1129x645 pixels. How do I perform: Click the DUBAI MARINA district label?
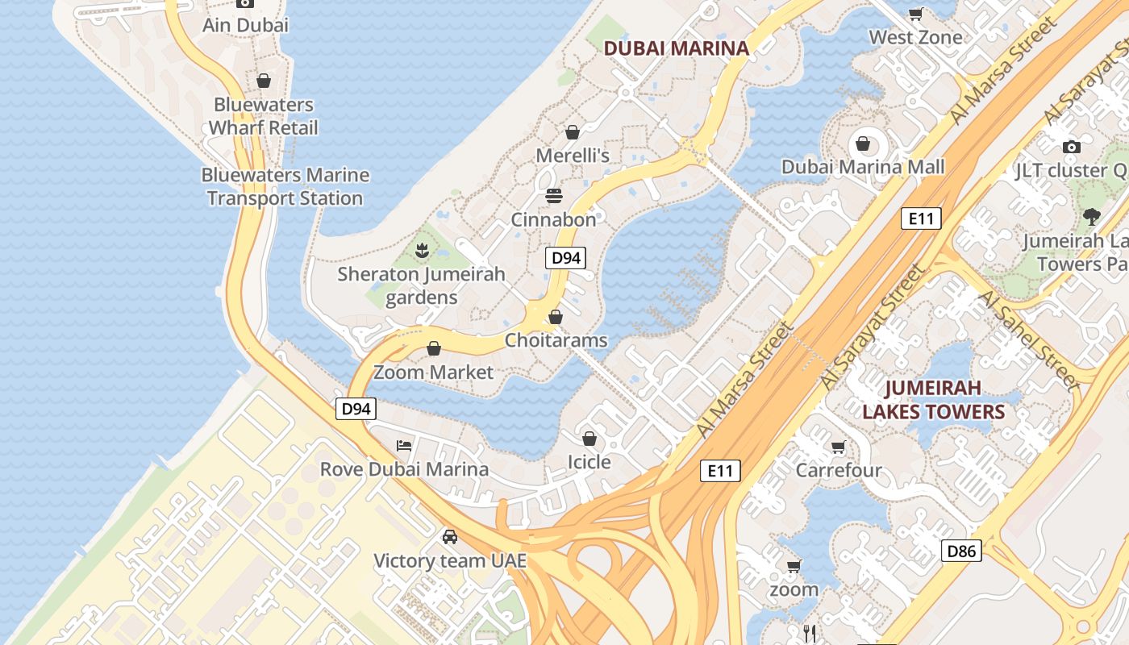676,48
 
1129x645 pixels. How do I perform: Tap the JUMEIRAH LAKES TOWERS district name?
933,400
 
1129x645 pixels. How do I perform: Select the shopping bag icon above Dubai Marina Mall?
863,144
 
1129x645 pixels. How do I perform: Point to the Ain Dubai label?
245,25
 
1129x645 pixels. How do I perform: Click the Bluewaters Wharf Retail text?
264,116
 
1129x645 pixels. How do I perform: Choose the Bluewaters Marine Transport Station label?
285,186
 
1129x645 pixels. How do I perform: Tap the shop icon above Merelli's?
573,131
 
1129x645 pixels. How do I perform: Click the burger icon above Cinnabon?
553,196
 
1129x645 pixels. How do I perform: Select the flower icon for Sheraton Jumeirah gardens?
421,251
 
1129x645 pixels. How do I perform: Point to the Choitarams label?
556,340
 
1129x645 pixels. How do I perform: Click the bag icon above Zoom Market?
434,348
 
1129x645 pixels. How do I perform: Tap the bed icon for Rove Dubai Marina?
404,445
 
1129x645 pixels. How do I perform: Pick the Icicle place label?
589,462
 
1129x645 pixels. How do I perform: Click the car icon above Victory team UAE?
450,537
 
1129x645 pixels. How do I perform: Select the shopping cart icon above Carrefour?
839,447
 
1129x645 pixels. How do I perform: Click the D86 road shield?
961,551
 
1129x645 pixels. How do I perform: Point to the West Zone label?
915,37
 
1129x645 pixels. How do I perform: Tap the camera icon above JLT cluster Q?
1071,147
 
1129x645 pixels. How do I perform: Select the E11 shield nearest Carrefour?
719,471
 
